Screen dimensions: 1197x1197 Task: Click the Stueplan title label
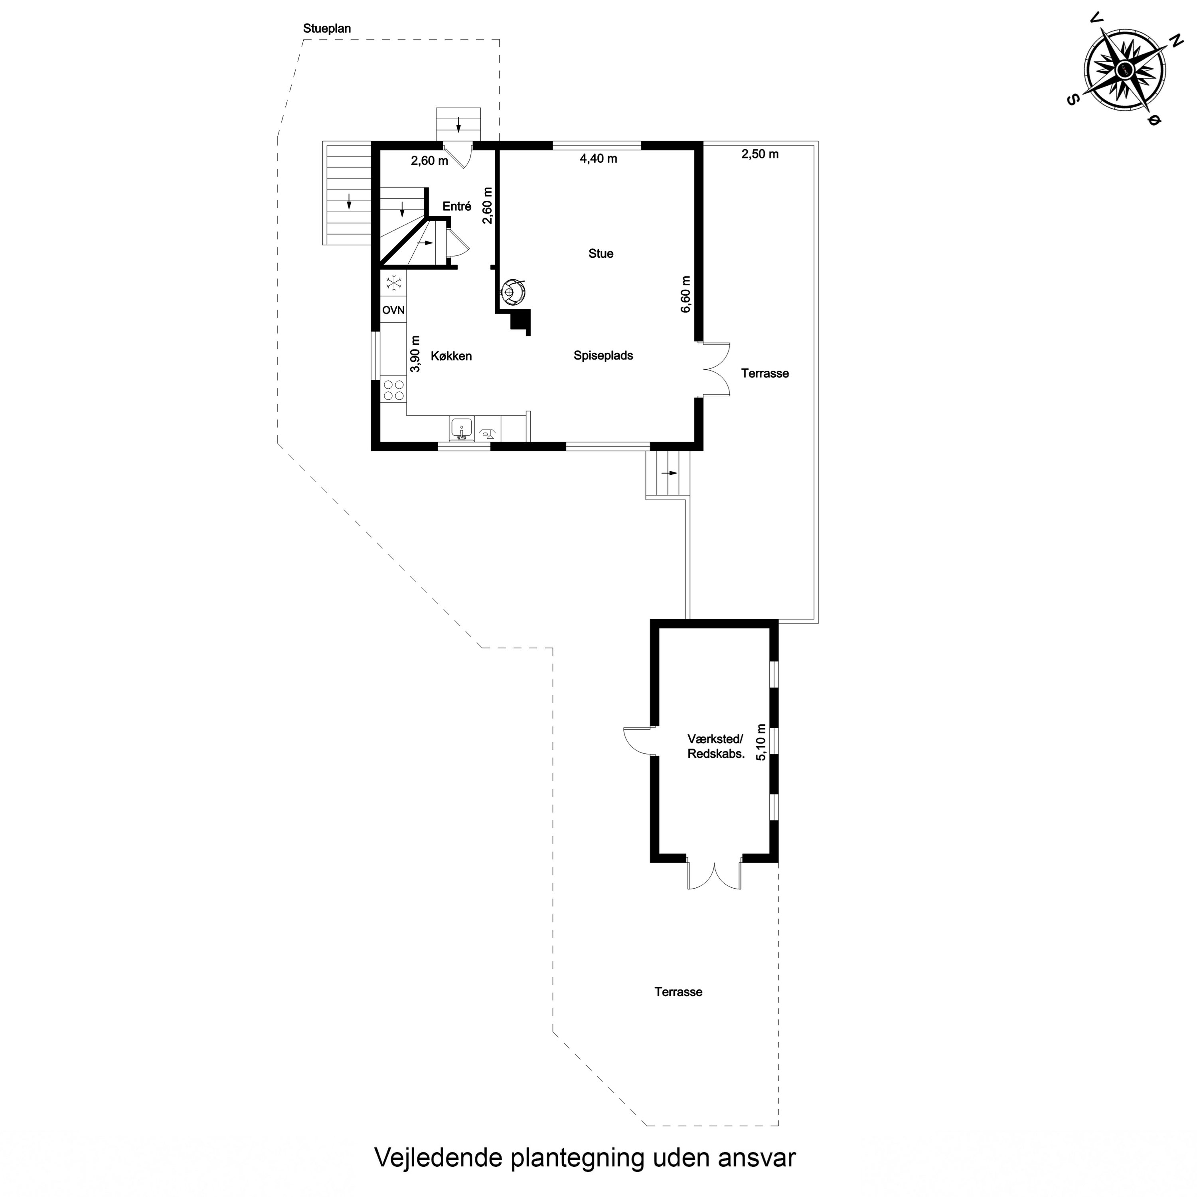(326, 28)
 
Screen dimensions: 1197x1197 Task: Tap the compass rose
(1124, 70)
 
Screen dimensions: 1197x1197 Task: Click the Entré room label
(456, 206)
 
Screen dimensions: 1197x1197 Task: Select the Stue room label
(600, 253)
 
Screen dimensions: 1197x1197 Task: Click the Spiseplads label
(603, 356)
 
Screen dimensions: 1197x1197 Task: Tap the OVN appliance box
(393, 310)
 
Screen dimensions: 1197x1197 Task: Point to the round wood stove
(512, 292)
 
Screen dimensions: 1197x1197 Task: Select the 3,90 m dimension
(415, 354)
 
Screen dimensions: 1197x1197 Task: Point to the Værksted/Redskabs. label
(715, 747)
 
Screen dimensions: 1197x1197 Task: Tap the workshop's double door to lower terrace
(714, 875)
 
